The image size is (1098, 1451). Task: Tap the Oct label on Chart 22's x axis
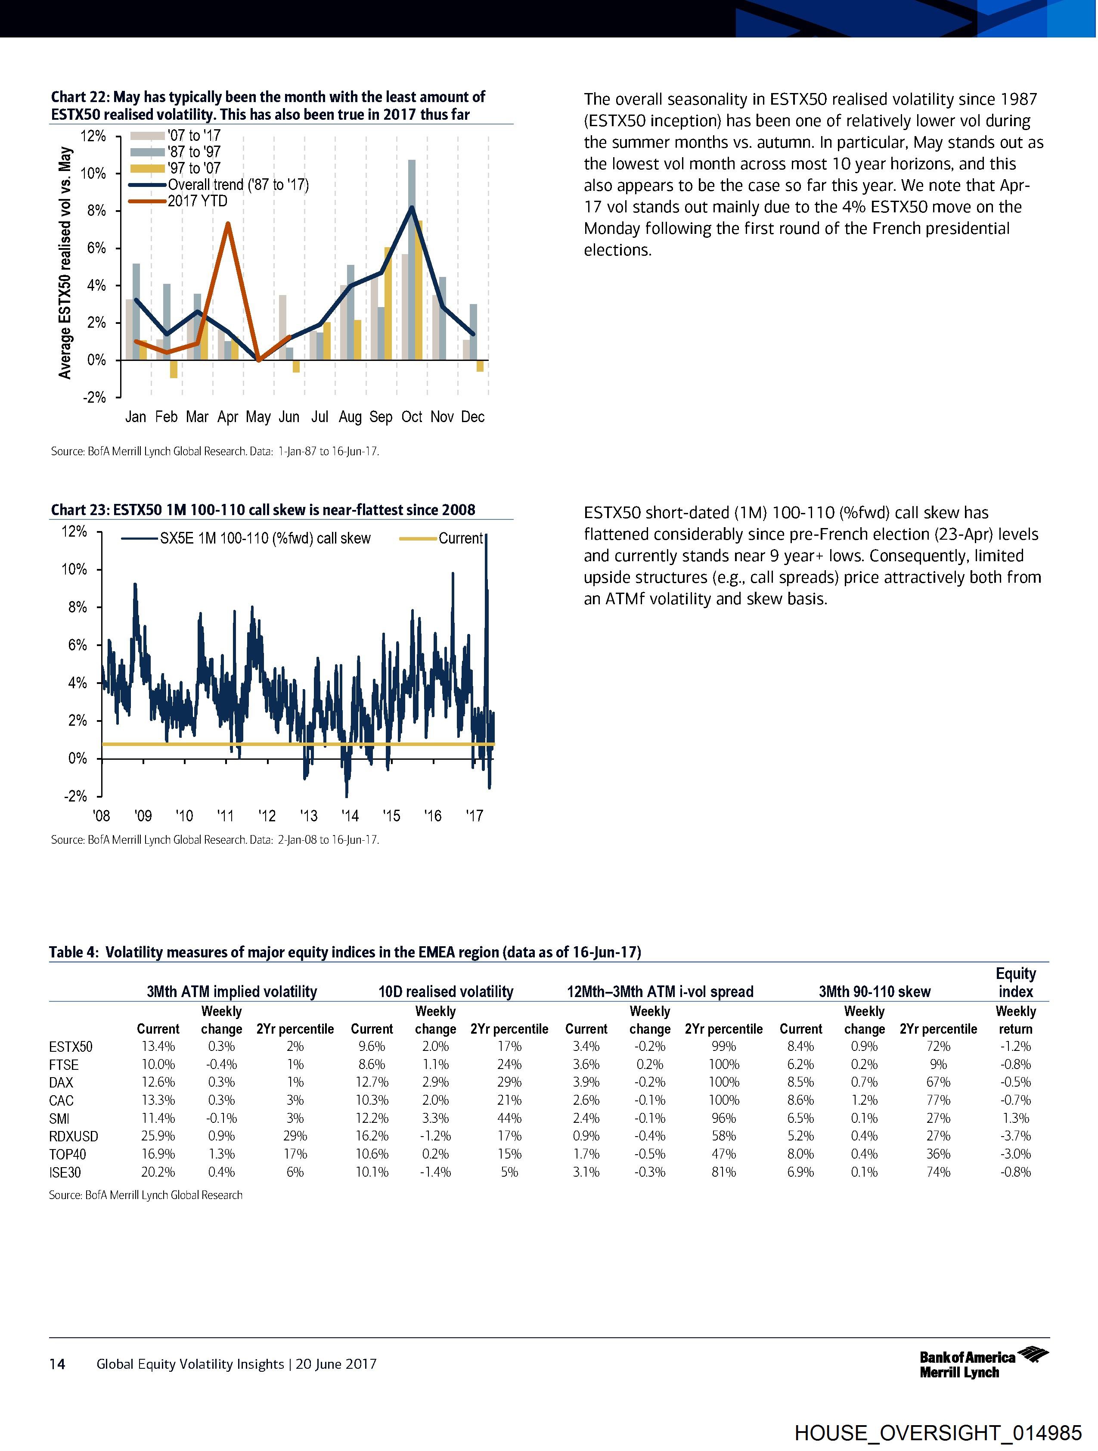(x=412, y=416)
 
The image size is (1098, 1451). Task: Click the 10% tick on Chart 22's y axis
(x=93, y=173)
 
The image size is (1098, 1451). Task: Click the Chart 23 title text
(x=262, y=510)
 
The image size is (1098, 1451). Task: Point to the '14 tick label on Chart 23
(x=350, y=816)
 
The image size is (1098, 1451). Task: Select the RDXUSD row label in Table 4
(x=74, y=1135)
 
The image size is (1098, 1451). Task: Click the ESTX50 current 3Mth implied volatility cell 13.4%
(x=158, y=1046)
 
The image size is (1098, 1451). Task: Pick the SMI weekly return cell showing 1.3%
(x=1015, y=1118)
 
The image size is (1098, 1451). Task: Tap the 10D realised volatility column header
(x=446, y=991)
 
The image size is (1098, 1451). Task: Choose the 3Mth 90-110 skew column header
(x=875, y=991)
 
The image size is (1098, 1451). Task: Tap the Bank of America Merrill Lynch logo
(x=983, y=1364)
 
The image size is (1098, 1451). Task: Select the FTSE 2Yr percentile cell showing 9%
(x=938, y=1064)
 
